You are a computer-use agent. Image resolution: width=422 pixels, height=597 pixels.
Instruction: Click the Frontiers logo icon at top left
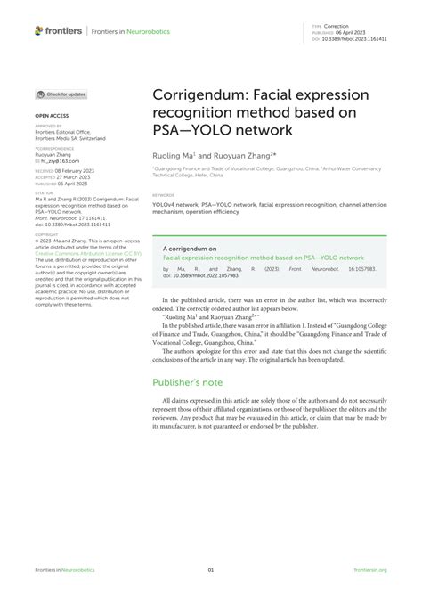coord(39,30)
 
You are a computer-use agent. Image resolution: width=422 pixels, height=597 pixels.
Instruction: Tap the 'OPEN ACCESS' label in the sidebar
coord(52,116)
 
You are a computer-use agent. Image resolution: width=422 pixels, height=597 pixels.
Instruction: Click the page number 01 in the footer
coord(211,569)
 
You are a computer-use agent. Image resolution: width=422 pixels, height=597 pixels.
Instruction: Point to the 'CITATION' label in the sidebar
coord(45,192)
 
